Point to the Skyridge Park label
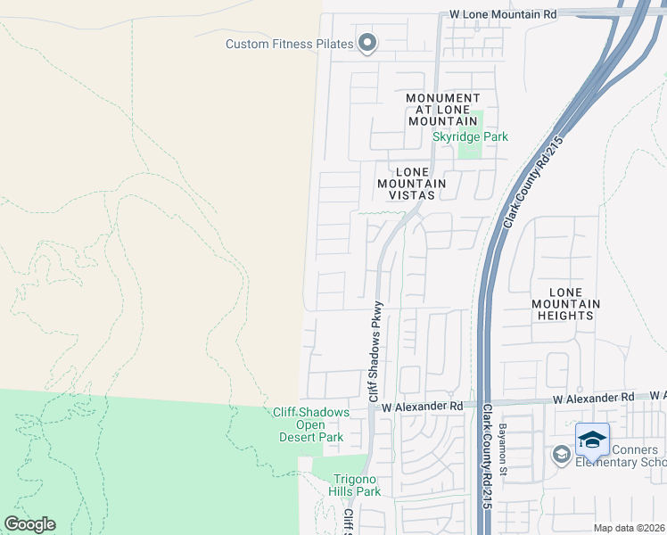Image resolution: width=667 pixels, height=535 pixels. click(470, 137)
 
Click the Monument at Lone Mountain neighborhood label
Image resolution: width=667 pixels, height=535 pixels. click(442, 109)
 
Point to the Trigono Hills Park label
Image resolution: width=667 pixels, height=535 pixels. click(357, 485)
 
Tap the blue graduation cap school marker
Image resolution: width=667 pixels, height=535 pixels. click(592, 440)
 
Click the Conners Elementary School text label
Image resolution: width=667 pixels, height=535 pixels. click(620, 456)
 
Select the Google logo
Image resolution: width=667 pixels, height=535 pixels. click(29, 524)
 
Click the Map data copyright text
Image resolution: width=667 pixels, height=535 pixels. click(629, 528)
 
